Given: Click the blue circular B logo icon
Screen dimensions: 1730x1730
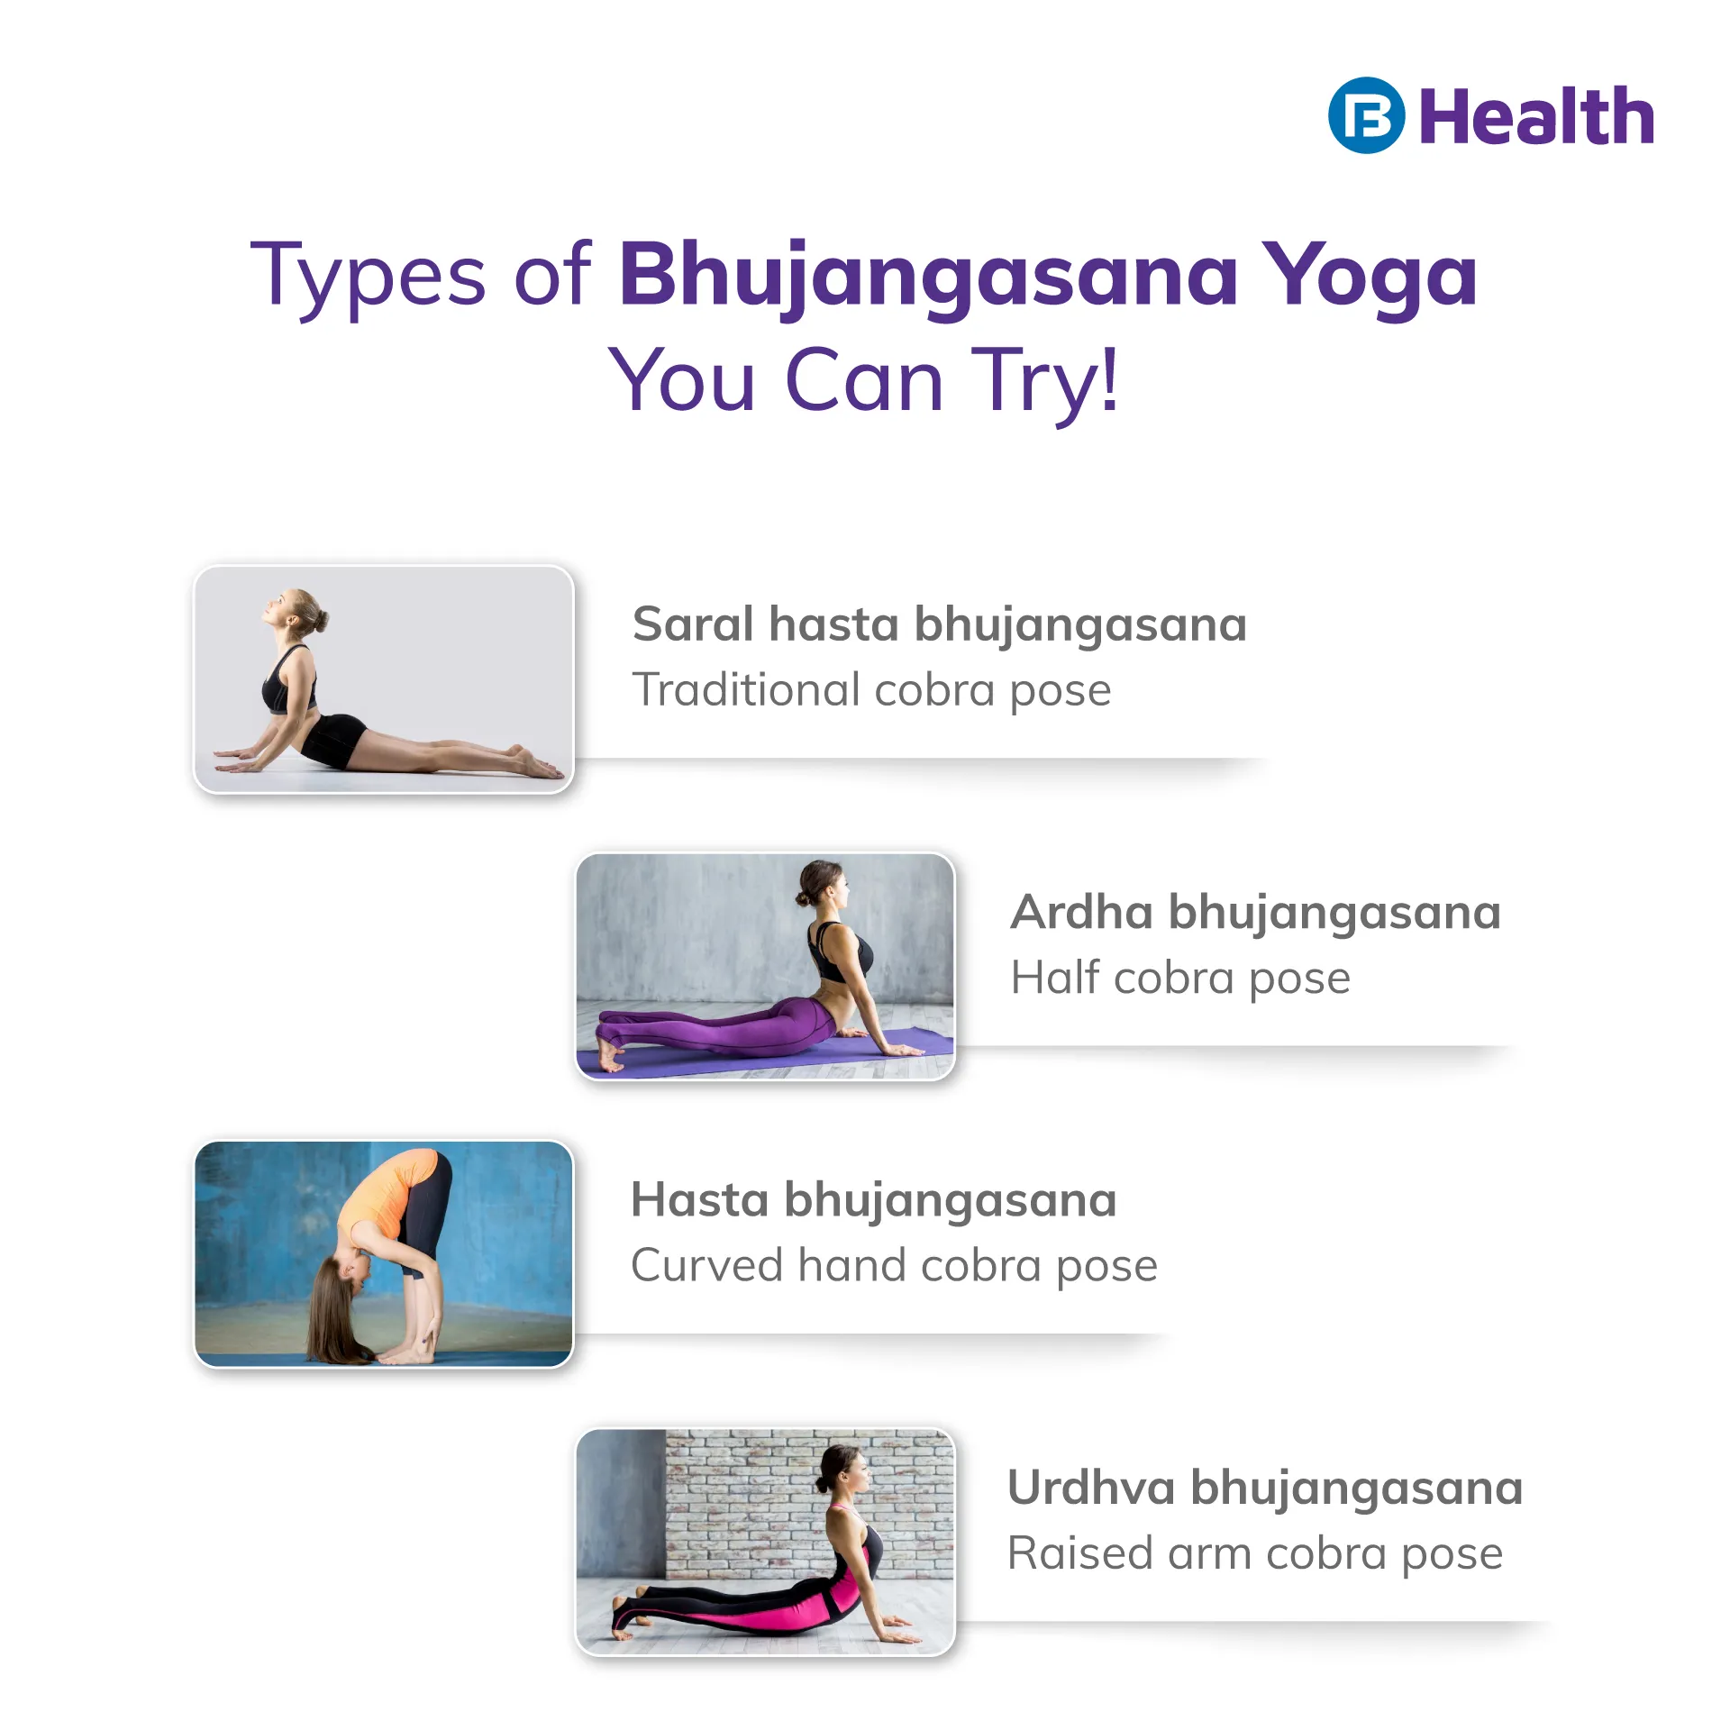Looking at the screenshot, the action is [1366, 115].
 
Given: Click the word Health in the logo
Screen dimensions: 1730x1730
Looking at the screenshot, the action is [1537, 116].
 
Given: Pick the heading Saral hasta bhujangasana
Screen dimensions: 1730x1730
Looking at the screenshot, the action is [940, 625].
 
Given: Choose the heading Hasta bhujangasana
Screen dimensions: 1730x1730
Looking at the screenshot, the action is [874, 1201].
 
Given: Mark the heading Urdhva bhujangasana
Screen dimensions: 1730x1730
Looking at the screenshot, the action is [1265, 1489].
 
